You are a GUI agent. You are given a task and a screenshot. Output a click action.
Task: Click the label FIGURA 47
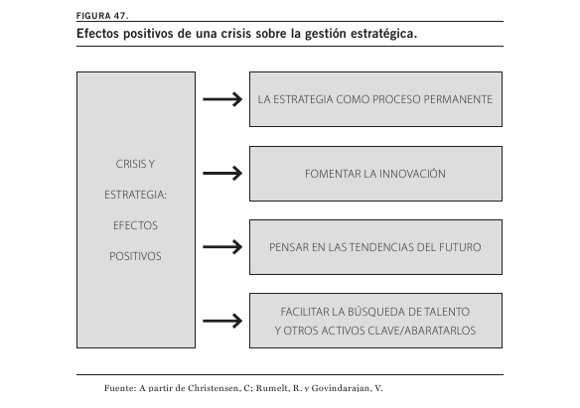[102, 16]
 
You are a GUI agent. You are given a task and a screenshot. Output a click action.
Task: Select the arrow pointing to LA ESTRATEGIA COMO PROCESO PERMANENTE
[222, 99]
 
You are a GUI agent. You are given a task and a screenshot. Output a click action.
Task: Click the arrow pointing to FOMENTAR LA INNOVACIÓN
[222, 173]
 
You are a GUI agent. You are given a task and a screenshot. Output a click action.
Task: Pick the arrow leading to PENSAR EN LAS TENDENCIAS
[222, 246]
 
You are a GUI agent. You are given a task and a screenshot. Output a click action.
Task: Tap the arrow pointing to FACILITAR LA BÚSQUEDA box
[222, 321]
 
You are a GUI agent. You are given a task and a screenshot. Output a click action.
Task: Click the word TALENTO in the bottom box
[447, 312]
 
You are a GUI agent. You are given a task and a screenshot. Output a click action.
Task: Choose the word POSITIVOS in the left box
[135, 256]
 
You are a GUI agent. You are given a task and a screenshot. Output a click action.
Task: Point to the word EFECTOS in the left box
[135, 225]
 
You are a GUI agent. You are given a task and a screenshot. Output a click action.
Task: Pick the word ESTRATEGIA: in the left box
[135, 195]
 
